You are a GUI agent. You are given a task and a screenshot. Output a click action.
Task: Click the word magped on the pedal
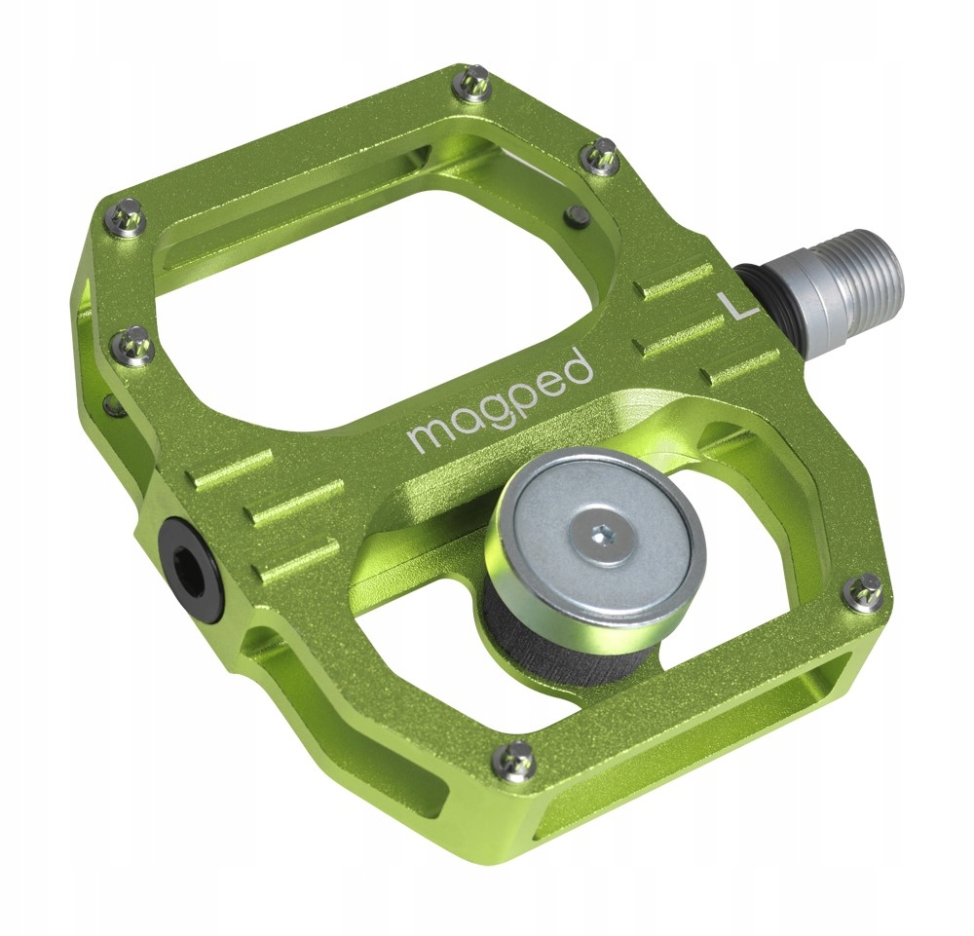500,398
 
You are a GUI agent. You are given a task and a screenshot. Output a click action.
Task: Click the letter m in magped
428,432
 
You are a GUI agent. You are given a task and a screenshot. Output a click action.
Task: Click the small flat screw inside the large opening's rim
578,213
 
